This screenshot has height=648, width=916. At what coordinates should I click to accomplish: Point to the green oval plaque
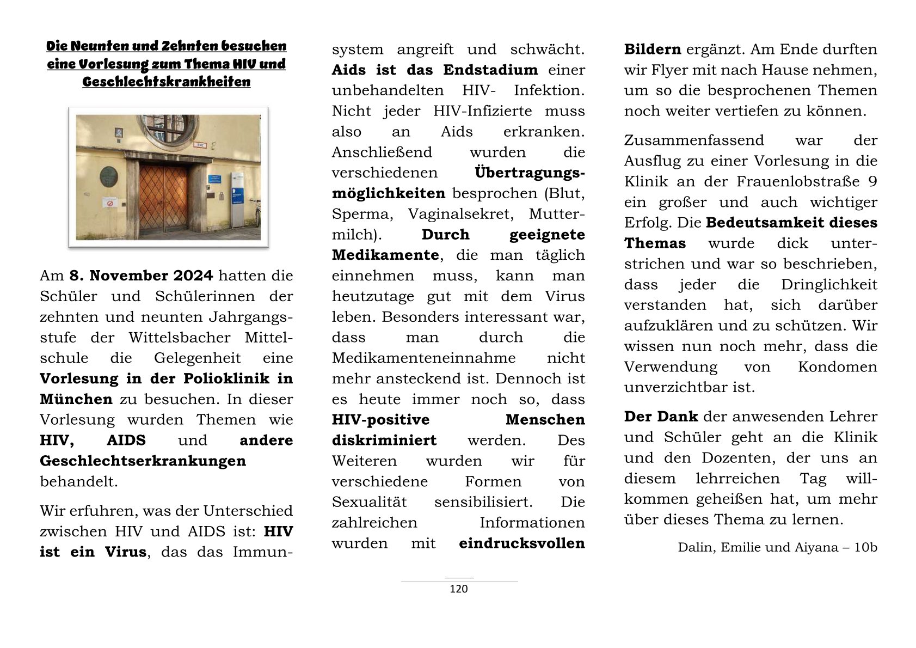[x=109, y=176]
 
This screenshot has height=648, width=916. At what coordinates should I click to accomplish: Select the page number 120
[x=459, y=589]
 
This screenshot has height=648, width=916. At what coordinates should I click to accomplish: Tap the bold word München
[x=76, y=399]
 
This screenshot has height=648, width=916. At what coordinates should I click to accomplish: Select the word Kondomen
[x=838, y=367]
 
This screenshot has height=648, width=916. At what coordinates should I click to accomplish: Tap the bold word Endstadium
[x=490, y=70]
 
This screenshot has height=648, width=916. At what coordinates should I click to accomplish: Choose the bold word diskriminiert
[x=384, y=441]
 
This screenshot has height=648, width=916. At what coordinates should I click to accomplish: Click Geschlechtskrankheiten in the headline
[x=167, y=82]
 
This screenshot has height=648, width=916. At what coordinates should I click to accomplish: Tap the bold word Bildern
[x=653, y=50]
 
